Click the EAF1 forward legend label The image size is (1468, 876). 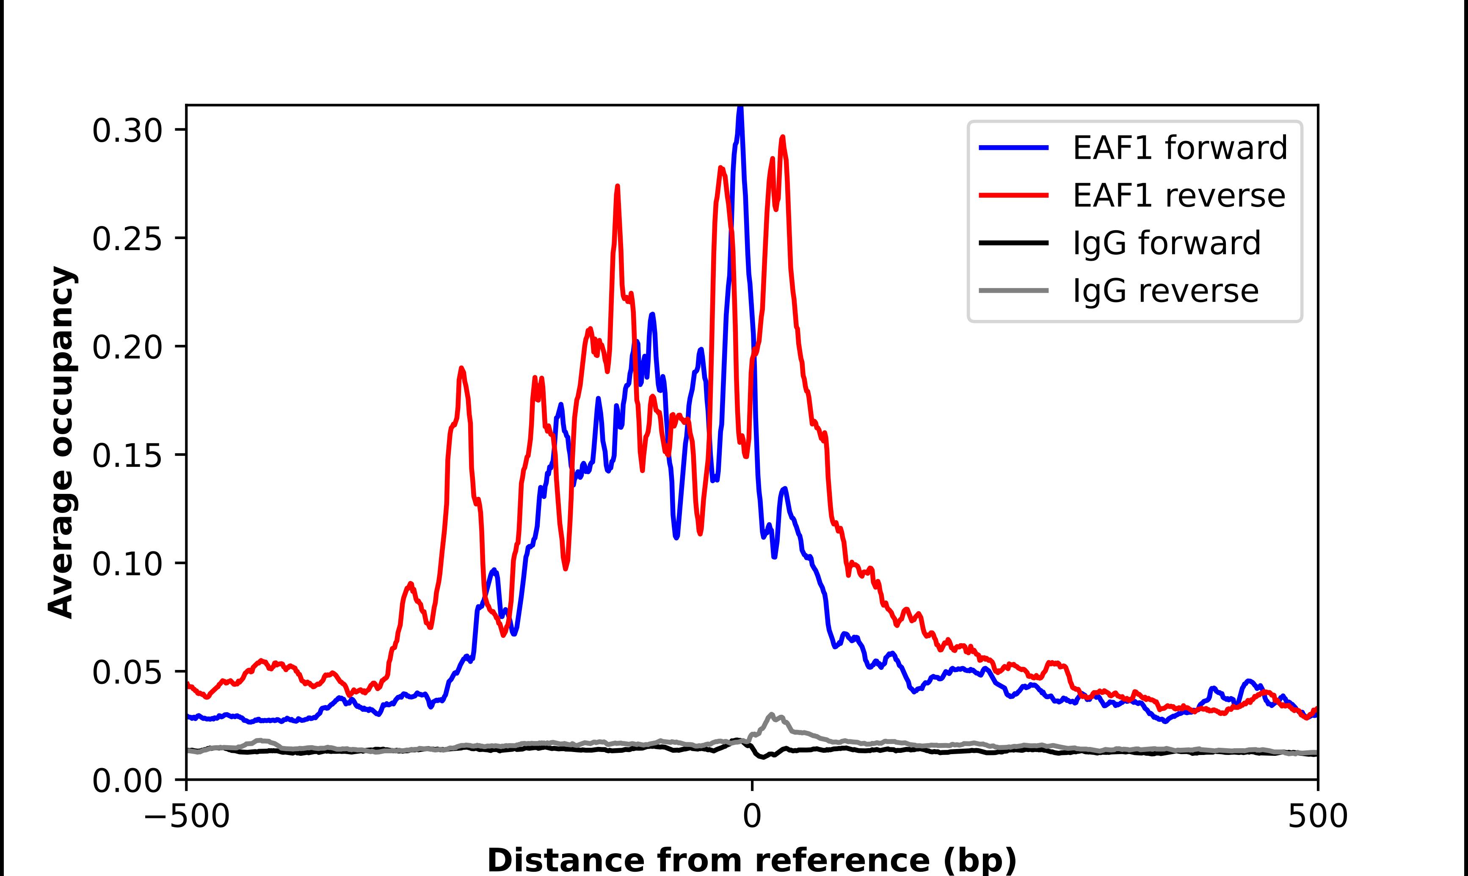[x=1179, y=148]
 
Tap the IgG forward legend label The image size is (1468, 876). [x=1166, y=243]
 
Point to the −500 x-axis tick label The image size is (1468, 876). [x=187, y=817]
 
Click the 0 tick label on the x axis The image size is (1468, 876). [x=751, y=817]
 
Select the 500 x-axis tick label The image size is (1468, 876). [x=1317, y=817]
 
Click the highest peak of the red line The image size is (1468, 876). [x=783, y=138]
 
